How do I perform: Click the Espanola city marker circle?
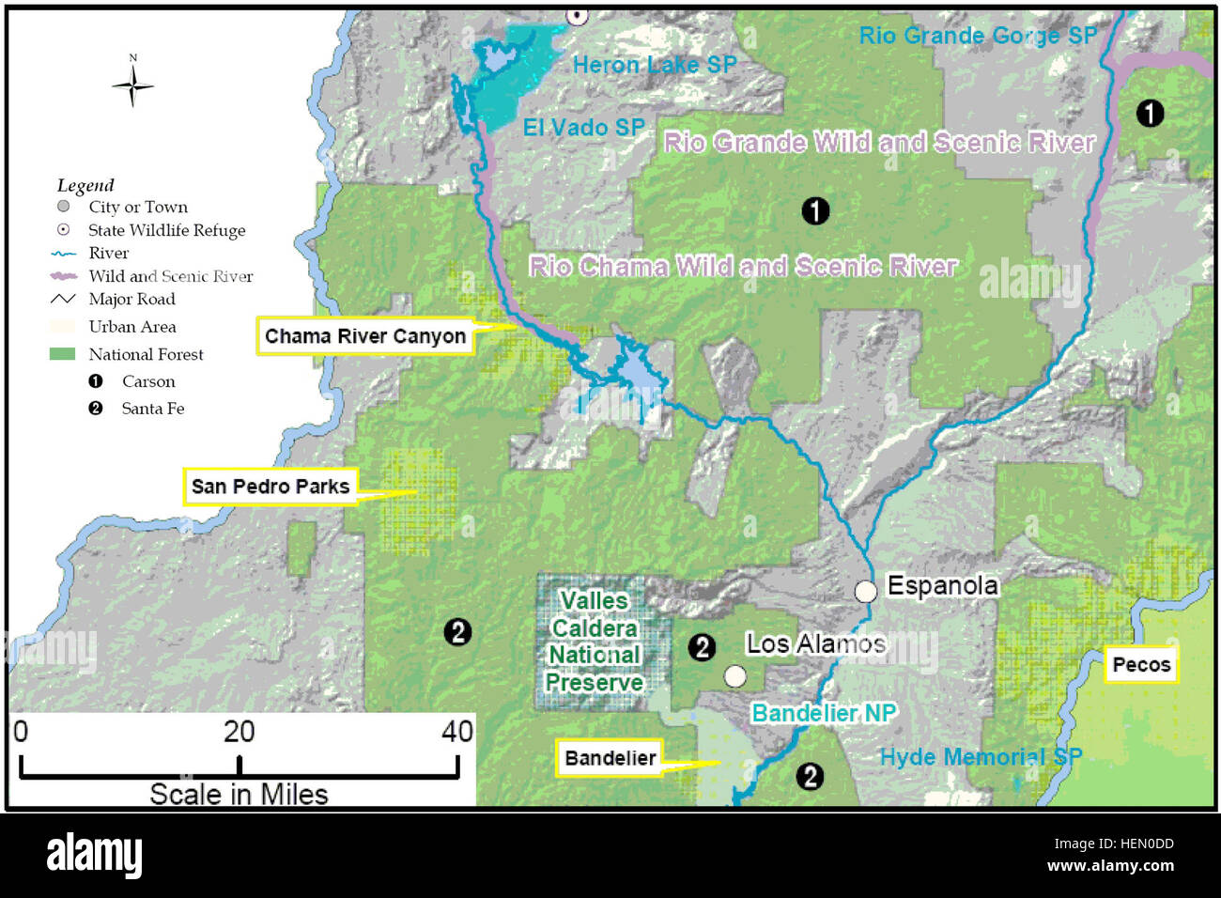click(x=865, y=591)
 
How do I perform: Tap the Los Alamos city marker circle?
click(x=735, y=676)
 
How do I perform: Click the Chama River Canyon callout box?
click(x=364, y=336)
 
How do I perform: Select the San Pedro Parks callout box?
click(x=270, y=487)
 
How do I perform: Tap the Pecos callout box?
click(x=1141, y=665)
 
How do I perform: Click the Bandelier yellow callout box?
click(x=610, y=758)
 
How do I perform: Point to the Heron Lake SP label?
click(x=654, y=65)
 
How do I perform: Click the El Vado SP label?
click(x=583, y=127)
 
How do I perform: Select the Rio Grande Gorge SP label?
click(x=977, y=36)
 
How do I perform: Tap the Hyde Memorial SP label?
click(x=981, y=757)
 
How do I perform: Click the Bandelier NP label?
click(x=824, y=713)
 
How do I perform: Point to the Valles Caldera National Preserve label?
click(x=595, y=642)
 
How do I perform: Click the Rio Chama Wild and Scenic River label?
click(x=743, y=267)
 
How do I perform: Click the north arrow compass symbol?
click(x=132, y=85)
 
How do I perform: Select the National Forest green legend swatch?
click(x=62, y=354)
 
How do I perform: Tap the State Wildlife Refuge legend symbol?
click(x=63, y=230)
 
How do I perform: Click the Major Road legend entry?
click(x=131, y=299)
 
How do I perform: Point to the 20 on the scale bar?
click(x=239, y=732)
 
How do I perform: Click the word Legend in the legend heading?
click(x=85, y=185)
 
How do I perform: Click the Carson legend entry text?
click(x=148, y=381)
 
